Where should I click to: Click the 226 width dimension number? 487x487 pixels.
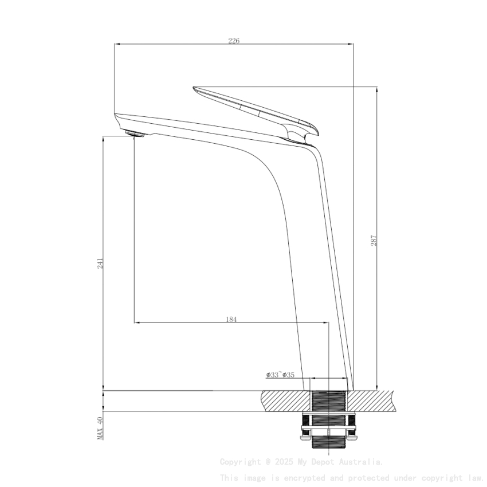[x=234, y=41]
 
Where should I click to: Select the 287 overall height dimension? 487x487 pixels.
[x=374, y=240]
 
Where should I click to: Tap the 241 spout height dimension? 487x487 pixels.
[x=100, y=263]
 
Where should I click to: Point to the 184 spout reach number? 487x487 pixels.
[x=231, y=319]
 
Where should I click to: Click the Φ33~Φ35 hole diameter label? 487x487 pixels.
[x=280, y=375]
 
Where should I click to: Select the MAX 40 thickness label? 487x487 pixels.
[x=100, y=428]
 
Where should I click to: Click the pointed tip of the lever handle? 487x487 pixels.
[x=195, y=88]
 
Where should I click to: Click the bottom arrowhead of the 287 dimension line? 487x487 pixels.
[x=377, y=387]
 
